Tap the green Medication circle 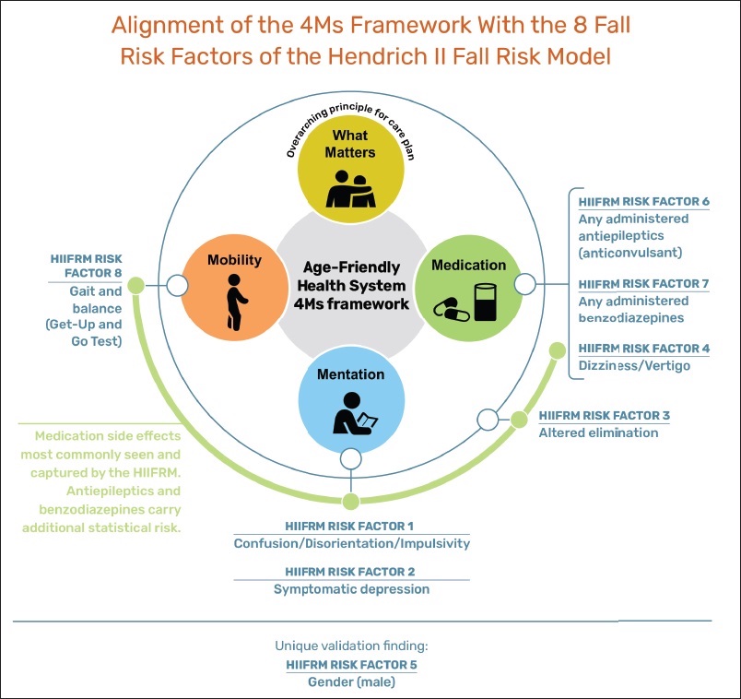pos(469,286)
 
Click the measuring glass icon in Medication pos(486,302)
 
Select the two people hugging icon pos(350,188)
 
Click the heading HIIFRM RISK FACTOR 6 pos(643,202)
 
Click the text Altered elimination pos(599,432)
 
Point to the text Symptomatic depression pos(351,588)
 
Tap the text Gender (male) pos(350,681)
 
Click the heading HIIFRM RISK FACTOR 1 pos(351,526)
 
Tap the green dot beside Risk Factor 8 pos(135,286)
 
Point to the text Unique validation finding pos(351,646)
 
